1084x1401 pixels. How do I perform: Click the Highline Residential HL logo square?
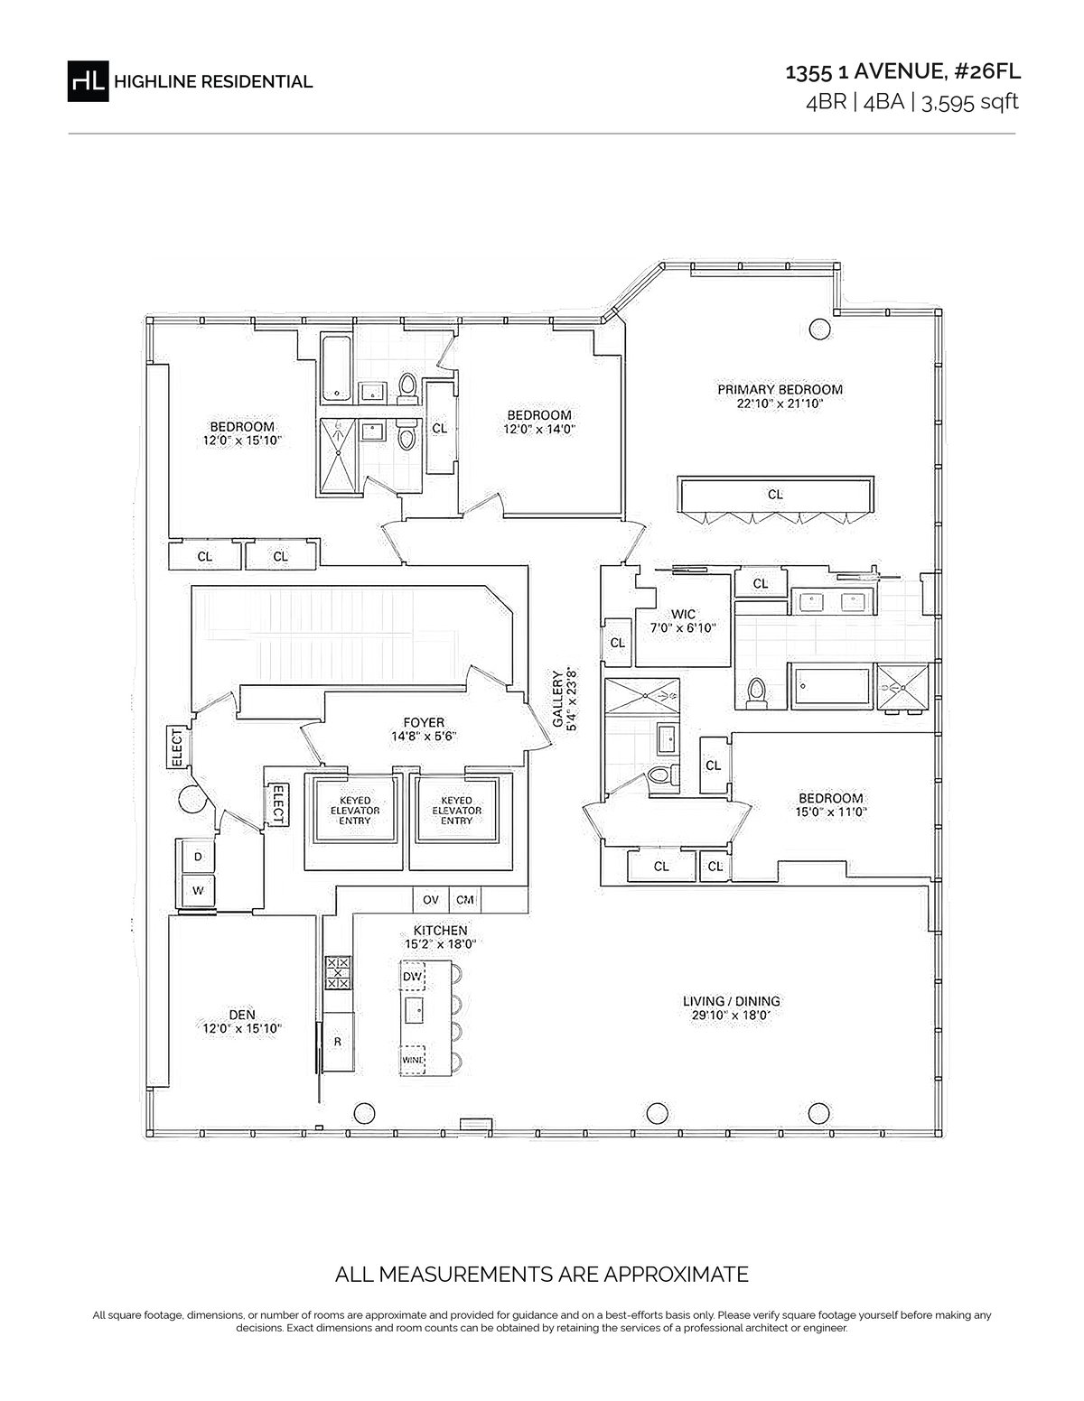point(88,81)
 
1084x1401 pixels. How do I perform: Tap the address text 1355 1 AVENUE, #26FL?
point(902,71)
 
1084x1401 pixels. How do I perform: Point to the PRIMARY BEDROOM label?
point(780,389)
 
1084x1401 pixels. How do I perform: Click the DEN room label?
point(242,1015)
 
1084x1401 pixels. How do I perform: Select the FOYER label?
point(424,723)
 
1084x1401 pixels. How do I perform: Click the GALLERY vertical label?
point(557,698)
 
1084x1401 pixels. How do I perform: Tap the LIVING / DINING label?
point(732,1000)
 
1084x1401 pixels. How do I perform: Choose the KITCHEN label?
point(441,931)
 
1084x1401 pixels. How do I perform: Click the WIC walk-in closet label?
point(683,614)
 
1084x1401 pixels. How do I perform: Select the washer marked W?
point(198,891)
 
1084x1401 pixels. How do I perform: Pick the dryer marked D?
point(198,857)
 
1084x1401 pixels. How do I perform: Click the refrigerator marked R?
point(337,1041)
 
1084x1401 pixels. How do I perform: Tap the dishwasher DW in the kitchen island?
point(413,976)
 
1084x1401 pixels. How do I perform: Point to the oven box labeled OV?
point(430,899)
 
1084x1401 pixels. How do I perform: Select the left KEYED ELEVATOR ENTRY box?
point(355,811)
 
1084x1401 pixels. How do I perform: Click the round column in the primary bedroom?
point(819,329)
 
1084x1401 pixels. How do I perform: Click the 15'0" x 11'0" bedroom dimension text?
point(830,812)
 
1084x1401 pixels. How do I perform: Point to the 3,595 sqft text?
point(969,102)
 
